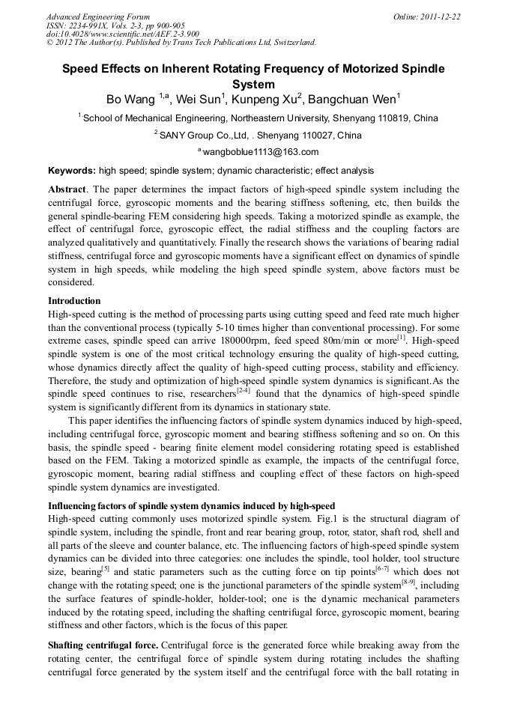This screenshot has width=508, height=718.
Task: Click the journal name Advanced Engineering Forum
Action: tap(97, 16)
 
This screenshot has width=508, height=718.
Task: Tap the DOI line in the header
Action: tap(123, 34)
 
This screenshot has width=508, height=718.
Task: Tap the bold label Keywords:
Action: tap(71, 171)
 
